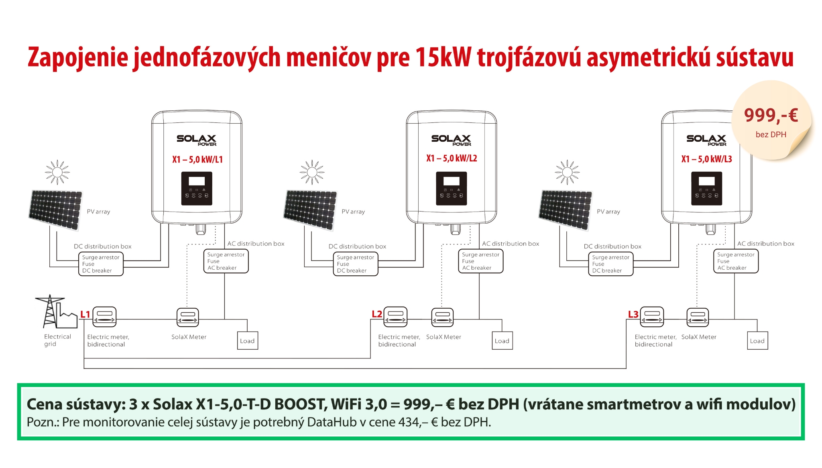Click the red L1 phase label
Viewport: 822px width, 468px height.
click(85, 314)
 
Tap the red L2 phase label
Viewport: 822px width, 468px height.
click(377, 314)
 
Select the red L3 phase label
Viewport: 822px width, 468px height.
click(633, 314)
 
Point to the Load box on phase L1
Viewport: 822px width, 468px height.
click(247, 341)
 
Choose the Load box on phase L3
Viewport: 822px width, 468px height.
click(757, 341)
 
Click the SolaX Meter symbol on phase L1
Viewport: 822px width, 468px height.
click(188, 317)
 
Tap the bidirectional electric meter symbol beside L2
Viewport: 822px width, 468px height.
click(396, 317)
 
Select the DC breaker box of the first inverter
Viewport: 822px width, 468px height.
click(101, 264)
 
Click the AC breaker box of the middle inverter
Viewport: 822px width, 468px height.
click(480, 261)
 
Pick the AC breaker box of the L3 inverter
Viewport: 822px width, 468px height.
click(736, 261)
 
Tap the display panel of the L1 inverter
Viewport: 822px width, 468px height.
click(197, 189)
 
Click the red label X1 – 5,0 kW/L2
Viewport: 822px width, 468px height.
click(452, 158)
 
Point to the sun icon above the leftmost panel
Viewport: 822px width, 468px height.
click(57, 172)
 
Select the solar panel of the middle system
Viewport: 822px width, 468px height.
click(310, 210)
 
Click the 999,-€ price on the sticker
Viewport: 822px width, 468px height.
click(771, 116)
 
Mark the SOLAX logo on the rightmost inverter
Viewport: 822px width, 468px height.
click(706, 140)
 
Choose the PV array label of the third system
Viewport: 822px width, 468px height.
click(608, 212)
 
